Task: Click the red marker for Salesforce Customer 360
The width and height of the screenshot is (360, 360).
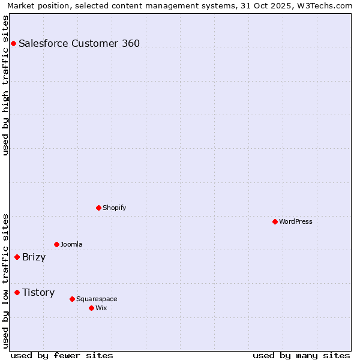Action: [13, 43]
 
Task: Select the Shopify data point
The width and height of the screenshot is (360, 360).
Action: [98, 208]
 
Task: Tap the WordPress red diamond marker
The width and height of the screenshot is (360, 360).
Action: [275, 221]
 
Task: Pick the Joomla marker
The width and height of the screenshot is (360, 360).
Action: [56, 244]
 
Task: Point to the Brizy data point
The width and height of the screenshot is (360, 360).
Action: [17, 257]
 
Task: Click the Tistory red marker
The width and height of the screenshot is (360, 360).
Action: [17, 292]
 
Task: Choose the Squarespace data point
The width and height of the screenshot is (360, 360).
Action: [72, 299]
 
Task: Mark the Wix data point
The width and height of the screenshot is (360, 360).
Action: [91, 308]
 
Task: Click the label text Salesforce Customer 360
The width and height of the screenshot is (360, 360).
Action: [79, 43]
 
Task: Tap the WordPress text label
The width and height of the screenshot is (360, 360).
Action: [296, 221]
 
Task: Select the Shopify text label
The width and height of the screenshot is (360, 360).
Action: [115, 208]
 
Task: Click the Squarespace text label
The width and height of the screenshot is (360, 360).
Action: [97, 299]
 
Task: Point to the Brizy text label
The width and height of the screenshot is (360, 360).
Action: [34, 257]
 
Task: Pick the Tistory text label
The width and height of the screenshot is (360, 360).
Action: [38, 293]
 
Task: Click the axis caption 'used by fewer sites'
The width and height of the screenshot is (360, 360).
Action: [62, 355]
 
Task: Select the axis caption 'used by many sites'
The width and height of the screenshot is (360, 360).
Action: [301, 355]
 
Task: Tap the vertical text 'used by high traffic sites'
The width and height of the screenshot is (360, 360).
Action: [6, 85]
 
